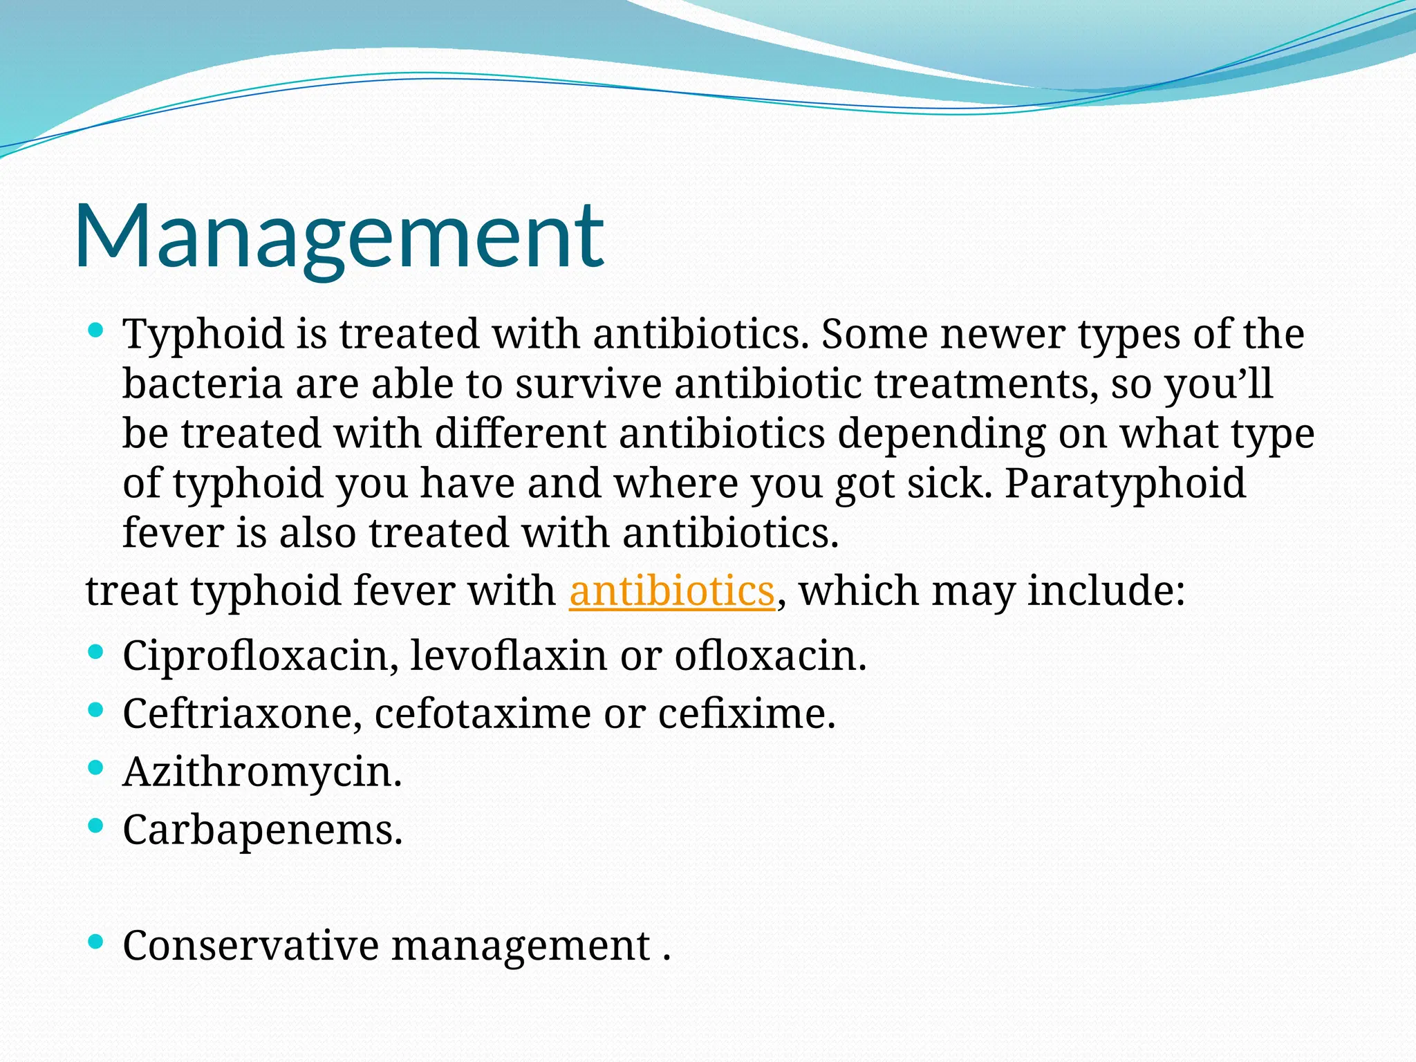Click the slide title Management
click(339, 236)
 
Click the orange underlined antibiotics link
click(671, 592)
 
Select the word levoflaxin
click(508, 655)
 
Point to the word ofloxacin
click(769, 655)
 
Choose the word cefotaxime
click(482, 714)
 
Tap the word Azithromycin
click(261, 772)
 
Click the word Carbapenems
click(261, 830)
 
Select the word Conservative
click(250, 946)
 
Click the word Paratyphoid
click(1125, 484)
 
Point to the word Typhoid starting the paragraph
click(203, 335)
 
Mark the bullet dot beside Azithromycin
click(96, 767)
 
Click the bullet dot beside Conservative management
click(96, 941)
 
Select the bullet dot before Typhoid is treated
click(96, 330)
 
